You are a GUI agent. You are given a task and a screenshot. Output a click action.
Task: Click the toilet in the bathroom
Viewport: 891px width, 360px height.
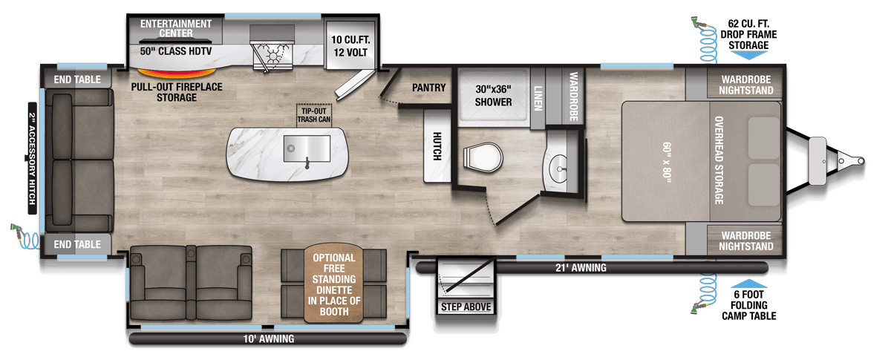click(483, 157)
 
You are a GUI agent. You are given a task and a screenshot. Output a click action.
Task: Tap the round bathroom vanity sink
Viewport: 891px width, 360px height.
click(558, 168)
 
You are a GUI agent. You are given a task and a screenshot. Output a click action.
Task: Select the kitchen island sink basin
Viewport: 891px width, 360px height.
click(307, 148)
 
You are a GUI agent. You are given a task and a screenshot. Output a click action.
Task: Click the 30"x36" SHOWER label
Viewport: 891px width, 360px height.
click(493, 96)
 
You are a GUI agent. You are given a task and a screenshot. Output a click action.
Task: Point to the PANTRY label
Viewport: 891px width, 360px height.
click(429, 88)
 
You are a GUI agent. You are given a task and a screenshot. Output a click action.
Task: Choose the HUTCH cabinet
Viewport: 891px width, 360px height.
click(437, 146)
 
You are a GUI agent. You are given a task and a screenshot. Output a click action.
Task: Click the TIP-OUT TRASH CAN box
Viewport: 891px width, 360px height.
click(314, 115)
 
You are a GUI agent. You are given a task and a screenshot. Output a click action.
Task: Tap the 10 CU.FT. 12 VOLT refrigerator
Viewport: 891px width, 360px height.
click(350, 45)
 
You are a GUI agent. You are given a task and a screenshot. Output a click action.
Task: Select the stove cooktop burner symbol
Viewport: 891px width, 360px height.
click(273, 56)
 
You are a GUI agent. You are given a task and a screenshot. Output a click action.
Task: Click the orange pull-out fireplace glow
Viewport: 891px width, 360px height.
click(177, 73)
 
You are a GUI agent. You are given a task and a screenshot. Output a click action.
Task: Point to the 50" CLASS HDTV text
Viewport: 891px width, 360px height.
click(176, 51)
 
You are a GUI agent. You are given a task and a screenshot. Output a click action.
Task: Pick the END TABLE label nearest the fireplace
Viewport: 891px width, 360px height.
click(77, 79)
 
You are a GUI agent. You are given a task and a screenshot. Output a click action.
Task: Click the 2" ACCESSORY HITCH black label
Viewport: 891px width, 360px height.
click(32, 158)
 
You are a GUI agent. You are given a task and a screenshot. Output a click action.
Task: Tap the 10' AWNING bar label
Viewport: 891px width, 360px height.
click(269, 339)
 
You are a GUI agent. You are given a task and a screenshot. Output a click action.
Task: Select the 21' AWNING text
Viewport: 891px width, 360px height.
click(581, 268)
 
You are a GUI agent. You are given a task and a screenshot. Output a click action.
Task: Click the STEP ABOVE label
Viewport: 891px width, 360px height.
click(466, 307)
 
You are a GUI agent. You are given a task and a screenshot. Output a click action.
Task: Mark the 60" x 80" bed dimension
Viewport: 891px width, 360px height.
click(667, 163)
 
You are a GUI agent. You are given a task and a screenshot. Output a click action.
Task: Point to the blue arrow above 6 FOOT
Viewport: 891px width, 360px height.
click(748, 284)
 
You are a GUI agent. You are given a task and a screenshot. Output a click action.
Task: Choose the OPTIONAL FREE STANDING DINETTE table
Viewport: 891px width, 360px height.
click(333, 284)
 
